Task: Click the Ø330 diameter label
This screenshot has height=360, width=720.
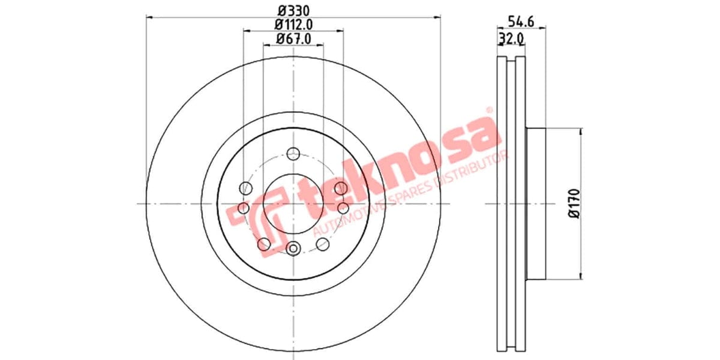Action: point(293,10)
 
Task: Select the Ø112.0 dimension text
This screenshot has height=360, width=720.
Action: point(293,25)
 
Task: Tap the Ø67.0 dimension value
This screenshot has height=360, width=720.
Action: point(293,39)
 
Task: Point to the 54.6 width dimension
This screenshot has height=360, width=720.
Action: point(521,22)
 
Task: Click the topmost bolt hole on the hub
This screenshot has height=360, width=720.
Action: point(293,153)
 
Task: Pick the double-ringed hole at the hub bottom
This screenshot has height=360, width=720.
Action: point(293,248)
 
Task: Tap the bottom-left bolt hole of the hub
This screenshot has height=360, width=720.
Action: point(263,244)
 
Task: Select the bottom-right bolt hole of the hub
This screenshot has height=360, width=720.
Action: point(323,244)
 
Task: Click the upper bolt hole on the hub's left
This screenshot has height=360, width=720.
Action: point(245,188)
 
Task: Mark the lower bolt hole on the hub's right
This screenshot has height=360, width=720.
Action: point(343,208)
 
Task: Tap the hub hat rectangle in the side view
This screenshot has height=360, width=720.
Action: point(536,204)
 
